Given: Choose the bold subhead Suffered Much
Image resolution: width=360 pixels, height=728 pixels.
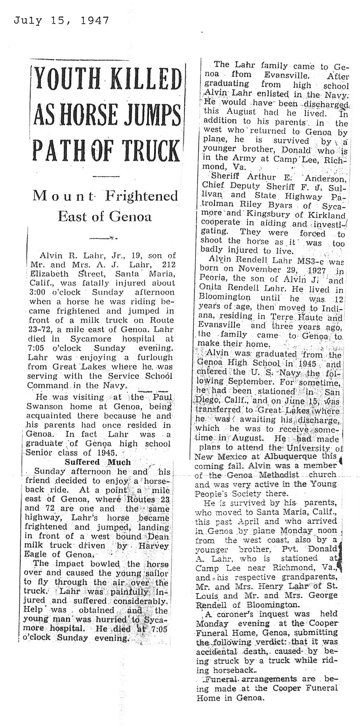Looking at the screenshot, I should point(97,462).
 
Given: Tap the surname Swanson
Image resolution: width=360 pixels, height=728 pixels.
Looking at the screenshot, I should point(42,406).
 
